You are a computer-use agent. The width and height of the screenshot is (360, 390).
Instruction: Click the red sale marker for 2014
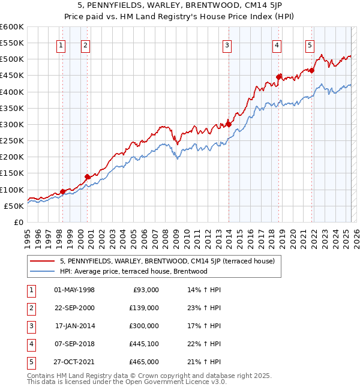[x=229, y=124]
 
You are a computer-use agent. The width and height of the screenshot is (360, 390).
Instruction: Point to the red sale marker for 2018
[x=278, y=77]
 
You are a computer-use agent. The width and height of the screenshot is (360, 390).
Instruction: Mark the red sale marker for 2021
[x=312, y=70]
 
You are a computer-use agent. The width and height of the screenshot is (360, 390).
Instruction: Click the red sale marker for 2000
[x=87, y=176]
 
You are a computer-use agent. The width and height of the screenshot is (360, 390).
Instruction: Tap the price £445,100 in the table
[x=143, y=344]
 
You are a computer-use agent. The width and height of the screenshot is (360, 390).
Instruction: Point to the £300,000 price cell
[x=143, y=326]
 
